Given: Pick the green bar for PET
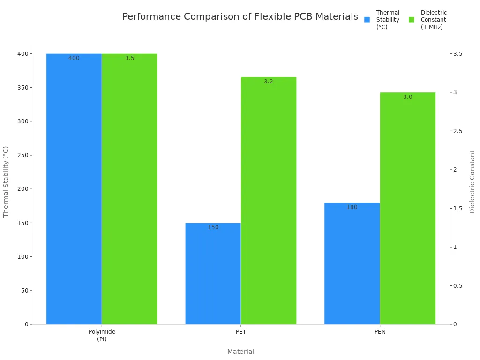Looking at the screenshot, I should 269,202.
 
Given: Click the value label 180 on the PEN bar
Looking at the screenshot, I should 352,207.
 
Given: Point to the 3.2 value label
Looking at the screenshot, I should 268,82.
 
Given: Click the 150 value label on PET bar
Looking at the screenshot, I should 213,227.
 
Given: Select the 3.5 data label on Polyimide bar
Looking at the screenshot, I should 129,58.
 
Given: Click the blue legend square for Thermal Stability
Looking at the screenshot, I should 367,20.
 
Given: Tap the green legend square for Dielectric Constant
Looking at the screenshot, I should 412,20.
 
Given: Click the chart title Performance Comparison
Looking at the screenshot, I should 240,17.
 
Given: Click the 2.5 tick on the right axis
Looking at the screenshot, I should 457,131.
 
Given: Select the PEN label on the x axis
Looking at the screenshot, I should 380,332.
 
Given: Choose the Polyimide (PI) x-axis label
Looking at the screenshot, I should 102,335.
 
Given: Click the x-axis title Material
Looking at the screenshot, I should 240,352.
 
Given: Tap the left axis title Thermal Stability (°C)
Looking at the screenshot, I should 6,181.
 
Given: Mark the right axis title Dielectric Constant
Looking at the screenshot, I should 472,181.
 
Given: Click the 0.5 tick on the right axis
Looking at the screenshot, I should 457,286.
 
